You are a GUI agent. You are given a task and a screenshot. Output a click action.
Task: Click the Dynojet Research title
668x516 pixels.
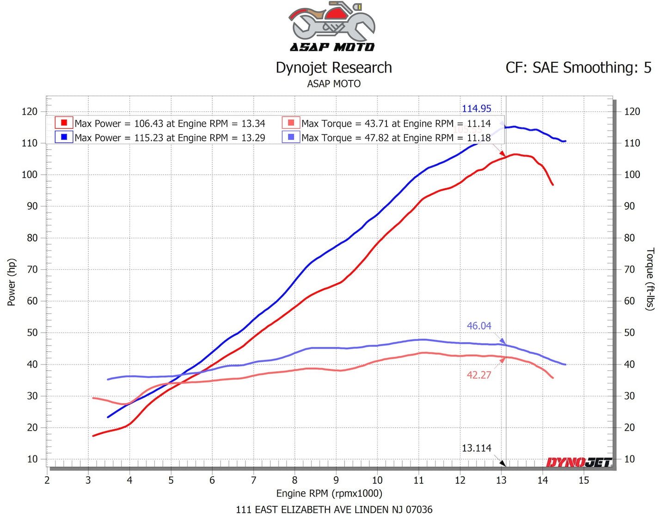pos(334,68)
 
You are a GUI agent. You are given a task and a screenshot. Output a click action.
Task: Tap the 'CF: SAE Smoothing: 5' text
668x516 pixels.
pos(578,68)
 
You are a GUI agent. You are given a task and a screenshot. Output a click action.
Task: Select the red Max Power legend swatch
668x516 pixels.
pos(64,123)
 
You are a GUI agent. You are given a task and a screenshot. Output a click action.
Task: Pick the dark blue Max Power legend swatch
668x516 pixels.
pos(64,137)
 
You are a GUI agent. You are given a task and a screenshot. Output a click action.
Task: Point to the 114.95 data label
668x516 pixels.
pos(476,109)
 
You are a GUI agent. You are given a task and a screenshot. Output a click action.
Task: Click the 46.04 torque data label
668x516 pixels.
pos(479,326)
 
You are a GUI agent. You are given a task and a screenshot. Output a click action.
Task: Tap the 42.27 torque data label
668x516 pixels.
pos(479,375)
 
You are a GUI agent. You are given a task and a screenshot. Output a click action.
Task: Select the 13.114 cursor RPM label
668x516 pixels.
pos(476,448)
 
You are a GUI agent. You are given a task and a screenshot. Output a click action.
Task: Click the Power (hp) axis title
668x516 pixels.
pos(12,282)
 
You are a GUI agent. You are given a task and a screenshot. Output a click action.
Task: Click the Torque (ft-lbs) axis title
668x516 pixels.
pos(650,279)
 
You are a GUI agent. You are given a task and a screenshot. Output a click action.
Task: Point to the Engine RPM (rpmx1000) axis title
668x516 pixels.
pos(329,493)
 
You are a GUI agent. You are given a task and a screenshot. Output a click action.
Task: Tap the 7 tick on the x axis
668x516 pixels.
pos(253,480)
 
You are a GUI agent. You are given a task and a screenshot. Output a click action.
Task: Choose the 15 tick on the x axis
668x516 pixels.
pos(584,480)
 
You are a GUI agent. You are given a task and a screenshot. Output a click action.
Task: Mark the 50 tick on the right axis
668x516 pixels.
pos(630,333)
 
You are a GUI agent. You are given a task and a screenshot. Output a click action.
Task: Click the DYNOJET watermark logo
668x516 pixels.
pos(579,462)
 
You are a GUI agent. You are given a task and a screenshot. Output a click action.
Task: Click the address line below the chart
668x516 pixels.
pos(334,510)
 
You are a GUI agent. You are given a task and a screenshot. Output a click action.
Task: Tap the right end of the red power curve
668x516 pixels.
pos(552,184)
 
